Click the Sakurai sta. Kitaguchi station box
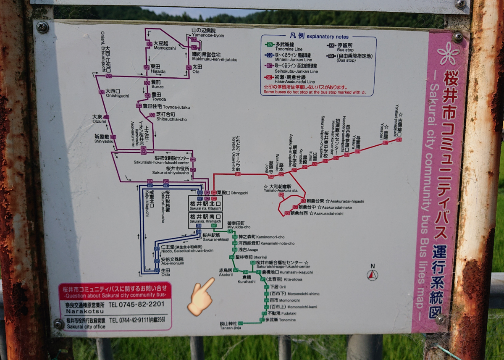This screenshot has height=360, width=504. [x=206, y=205]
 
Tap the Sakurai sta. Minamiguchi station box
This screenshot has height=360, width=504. [x=205, y=218]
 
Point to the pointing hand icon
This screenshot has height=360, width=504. [x=201, y=296]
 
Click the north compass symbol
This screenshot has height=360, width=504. [x=372, y=274]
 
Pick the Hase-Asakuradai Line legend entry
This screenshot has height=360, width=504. [x=290, y=79]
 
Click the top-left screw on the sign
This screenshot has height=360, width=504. [x=42, y=27]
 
